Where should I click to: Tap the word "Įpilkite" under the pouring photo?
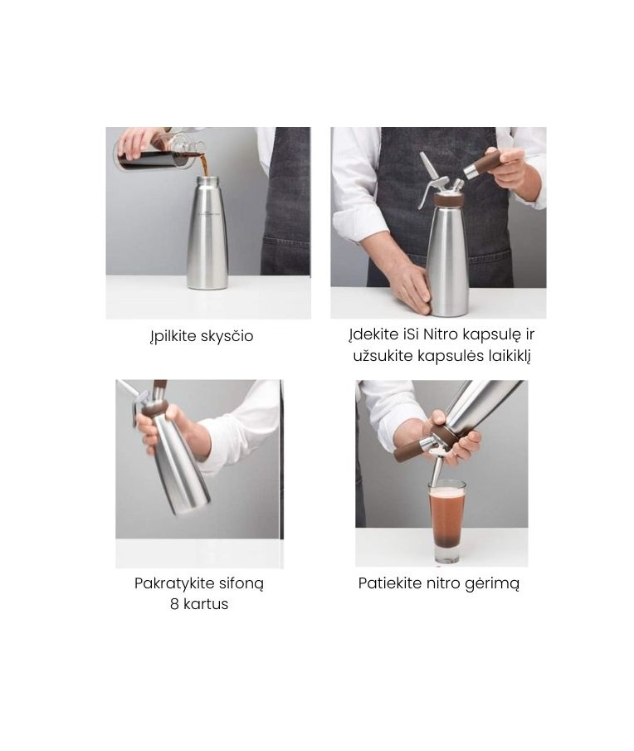pos(173,337)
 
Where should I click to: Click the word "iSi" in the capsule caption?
pos(411,334)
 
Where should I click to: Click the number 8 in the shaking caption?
pos(174,604)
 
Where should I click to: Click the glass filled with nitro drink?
pos(446,521)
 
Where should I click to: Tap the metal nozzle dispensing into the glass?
pos(436,470)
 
